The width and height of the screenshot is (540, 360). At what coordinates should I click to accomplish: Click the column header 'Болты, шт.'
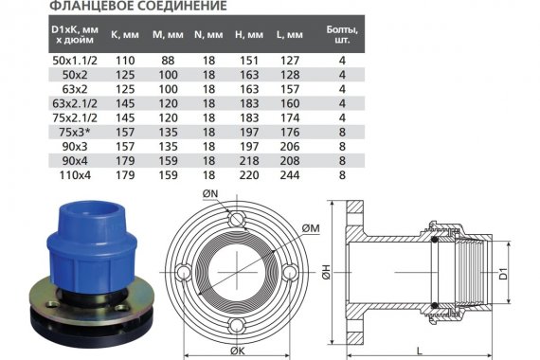click(x=342, y=34)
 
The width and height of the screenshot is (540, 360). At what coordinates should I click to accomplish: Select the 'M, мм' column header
click(x=168, y=35)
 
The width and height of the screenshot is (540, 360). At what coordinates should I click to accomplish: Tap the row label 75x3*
click(x=75, y=133)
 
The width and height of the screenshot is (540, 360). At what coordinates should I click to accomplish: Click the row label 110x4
click(x=75, y=175)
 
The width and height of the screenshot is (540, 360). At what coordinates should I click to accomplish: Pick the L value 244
click(x=290, y=175)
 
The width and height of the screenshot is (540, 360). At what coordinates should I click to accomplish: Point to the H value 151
click(x=249, y=61)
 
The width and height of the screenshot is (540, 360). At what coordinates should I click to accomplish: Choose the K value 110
click(x=125, y=61)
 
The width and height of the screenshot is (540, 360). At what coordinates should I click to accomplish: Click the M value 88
click(x=168, y=61)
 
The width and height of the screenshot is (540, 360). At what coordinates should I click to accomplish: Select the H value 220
click(x=249, y=175)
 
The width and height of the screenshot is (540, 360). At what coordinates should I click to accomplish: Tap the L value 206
click(x=290, y=147)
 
